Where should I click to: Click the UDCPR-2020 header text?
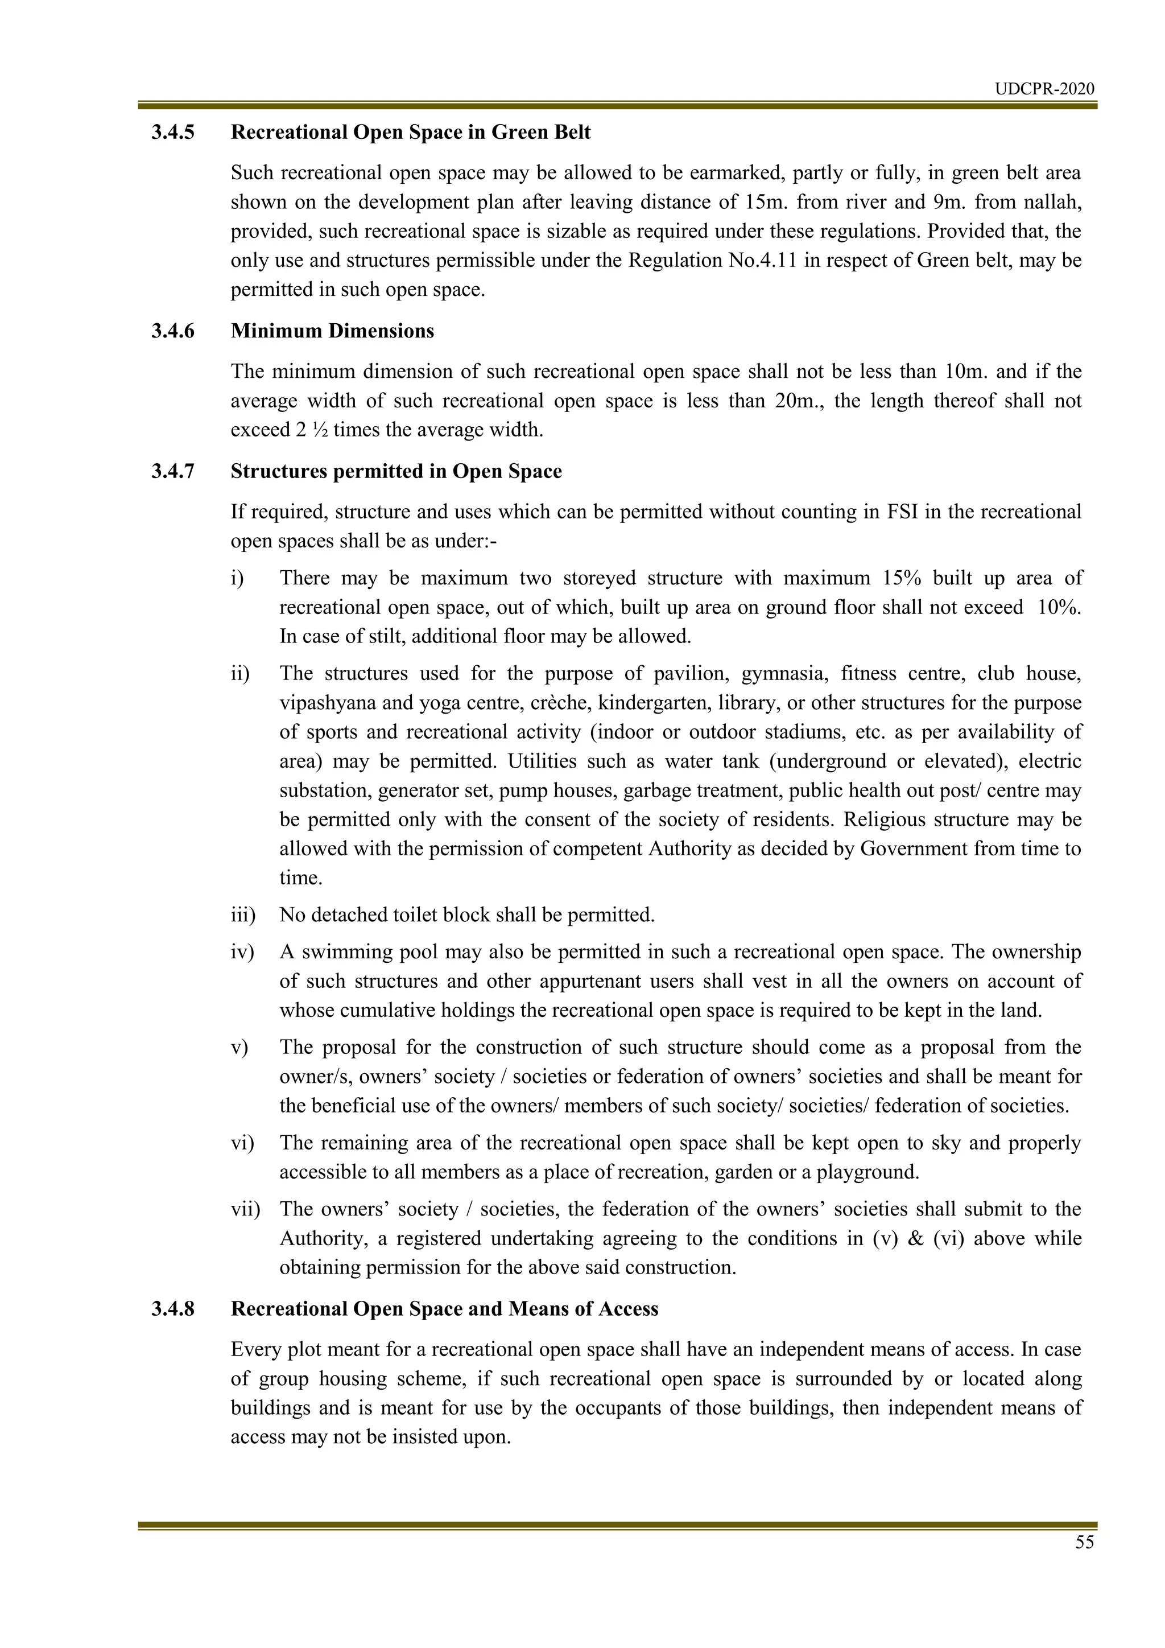tap(1044, 89)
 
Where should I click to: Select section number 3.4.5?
tap(173, 133)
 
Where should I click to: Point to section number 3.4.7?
tap(173, 472)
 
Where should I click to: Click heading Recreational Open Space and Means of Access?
tap(444, 1309)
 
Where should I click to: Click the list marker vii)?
tap(245, 1209)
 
